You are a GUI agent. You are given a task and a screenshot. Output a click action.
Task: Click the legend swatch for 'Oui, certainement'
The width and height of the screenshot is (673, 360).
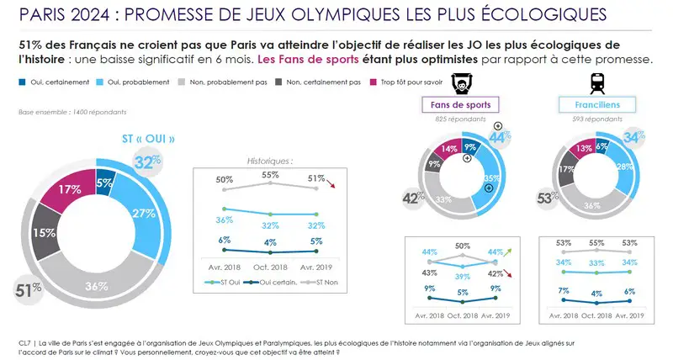click(22, 82)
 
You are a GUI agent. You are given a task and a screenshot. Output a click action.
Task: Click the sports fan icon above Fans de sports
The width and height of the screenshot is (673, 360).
click(459, 83)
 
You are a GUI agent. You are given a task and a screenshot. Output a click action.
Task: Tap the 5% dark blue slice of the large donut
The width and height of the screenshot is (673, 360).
click(104, 180)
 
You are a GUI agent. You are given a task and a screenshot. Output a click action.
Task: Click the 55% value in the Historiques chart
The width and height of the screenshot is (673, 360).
click(272, 175)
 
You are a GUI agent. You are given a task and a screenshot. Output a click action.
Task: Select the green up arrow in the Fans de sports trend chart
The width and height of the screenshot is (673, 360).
click(517, 250)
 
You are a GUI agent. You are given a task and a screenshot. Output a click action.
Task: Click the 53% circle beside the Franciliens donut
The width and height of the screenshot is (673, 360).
click(547, 198)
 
